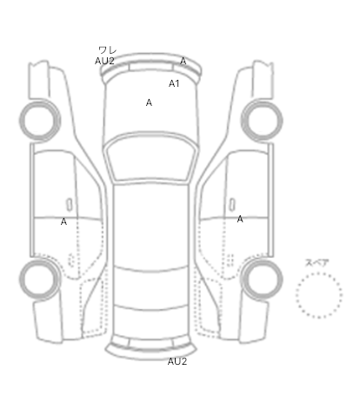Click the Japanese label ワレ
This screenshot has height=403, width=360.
pyautogui.click(x=108, y=50)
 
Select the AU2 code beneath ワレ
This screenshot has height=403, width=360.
pyautogui.click(x=104, y=61)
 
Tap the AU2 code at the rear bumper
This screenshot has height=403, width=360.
pyautogui.click(x=177, y=361)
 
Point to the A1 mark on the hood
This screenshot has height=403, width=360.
pyautogui.click(x=174, y=83)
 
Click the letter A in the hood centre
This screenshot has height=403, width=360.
pyautogui.click(x=149, y=102)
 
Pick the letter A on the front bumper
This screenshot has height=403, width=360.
pyautogui.click(x=183, y=61)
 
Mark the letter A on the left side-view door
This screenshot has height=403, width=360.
pyautogui.click(x=63, y=221)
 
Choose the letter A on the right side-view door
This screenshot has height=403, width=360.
pyautogui.click(x=240, y=219)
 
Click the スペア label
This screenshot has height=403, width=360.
pyautogui.click(x=317, y=263)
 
